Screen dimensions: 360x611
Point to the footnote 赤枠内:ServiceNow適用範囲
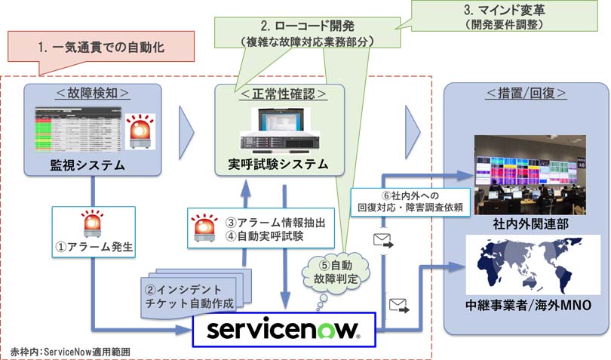click(x=72, y=351)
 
